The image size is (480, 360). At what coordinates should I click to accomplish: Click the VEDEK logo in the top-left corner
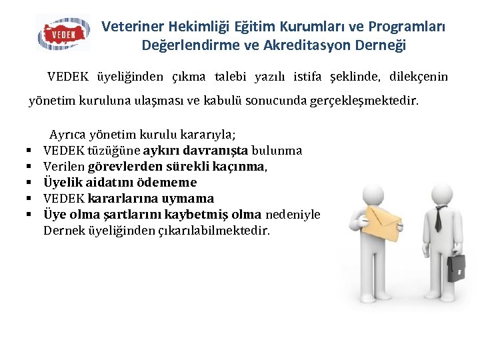coord(63,33)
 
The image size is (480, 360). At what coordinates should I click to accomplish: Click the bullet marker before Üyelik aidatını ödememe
coord(31,183)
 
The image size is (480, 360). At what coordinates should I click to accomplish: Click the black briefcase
coord(457,266)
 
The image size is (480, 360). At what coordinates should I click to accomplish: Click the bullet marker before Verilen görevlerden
coord(31,167)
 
